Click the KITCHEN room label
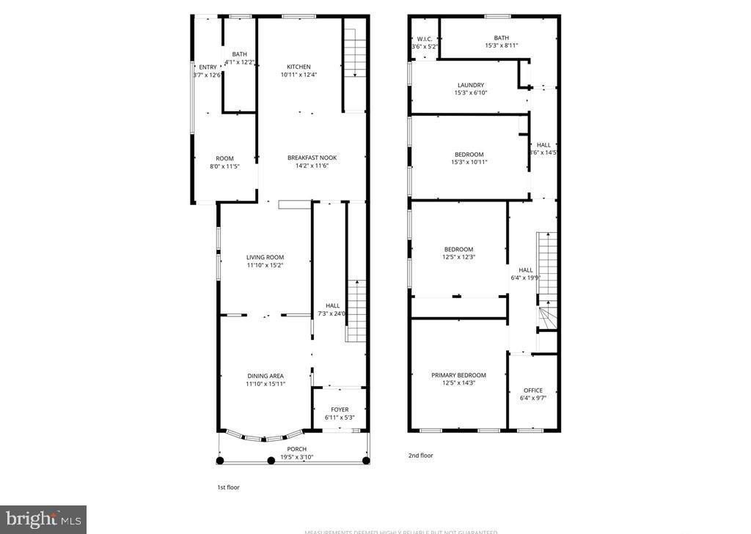pos(298,67)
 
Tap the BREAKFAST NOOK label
pos(312,157)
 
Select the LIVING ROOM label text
pos(265,257)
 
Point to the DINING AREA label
pos(265,376)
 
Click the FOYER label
pos(340,409)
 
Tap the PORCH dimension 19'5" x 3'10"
pos(296,457)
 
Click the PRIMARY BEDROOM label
pos(458,375)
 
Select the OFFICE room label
pos(533,390)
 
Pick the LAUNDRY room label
pos(470,85)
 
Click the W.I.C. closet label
pos(425,38)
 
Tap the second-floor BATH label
pos(501,38)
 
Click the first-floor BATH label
pos(239,54)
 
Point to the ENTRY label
pos(208,67)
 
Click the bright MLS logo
pos(43,519)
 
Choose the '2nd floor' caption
pos(420,456)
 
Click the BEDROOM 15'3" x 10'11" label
pos(469,154)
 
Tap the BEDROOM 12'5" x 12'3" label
pos(458,249)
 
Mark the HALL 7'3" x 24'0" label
pos(332,305)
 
